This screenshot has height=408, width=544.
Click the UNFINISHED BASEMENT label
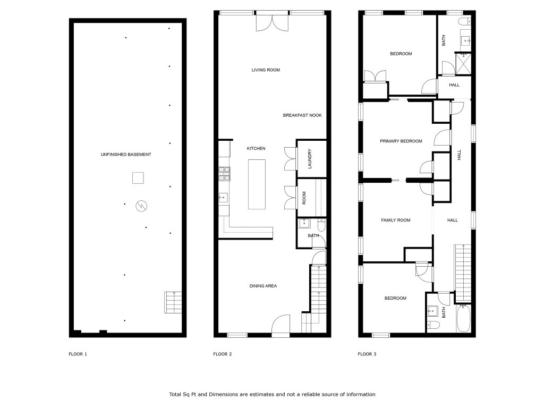point(126,155)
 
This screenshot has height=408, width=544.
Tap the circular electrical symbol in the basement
point(141,206)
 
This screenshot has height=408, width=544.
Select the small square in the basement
point(138,178)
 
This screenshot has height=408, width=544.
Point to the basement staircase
point(173,302)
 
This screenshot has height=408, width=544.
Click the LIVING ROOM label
point(266,70)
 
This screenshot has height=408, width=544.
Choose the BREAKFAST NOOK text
point(302,115)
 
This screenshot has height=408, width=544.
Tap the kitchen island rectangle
point(257,184)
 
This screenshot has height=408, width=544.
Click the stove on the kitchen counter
point(224,174)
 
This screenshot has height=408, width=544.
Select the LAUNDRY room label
point(310,159)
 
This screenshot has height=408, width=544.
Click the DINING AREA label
point(263,286)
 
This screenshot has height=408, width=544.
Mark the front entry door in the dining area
point(280,326)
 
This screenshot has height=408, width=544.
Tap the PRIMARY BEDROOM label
point(401,141)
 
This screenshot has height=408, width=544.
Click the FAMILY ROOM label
point(395,220)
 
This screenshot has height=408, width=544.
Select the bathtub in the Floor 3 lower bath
point(463,318)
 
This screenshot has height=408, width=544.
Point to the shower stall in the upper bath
point(463,64)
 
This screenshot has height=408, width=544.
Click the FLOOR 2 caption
point(223,354)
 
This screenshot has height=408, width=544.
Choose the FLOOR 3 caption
point(367,354)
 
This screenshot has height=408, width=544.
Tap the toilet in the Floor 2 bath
point(321,225)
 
